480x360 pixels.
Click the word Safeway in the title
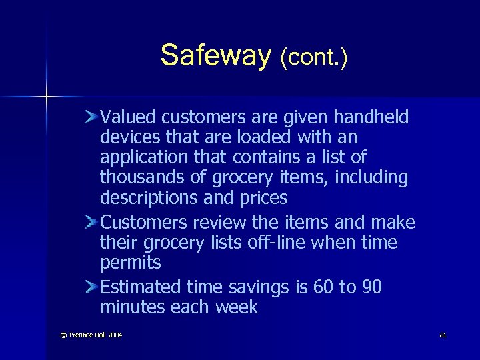click(213, 55)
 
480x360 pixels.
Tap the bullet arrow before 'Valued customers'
click(92, 117)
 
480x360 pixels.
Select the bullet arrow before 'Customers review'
click(92, 222)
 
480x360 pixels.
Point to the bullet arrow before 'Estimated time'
click(92, 287)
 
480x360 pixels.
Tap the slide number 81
click(443, 334)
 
